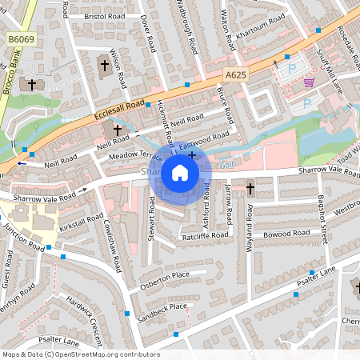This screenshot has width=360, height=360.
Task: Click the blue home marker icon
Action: coord(180,173)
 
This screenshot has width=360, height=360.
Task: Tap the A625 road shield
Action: coord(235,74)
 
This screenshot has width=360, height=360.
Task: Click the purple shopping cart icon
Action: coord(308,82)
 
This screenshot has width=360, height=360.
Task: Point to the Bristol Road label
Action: coord(98,15)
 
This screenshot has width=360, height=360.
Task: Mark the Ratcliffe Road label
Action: coord(206,236)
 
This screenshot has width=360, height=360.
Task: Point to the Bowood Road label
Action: coord(289,233)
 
